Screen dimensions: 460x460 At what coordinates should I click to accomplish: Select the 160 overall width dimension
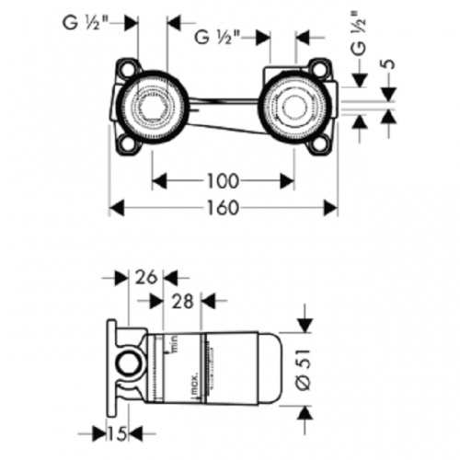221,208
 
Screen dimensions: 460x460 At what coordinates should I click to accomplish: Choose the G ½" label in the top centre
217,38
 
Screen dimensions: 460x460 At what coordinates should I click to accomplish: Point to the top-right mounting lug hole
319,70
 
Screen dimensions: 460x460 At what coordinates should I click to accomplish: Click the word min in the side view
170,345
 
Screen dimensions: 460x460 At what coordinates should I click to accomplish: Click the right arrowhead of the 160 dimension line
330,208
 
